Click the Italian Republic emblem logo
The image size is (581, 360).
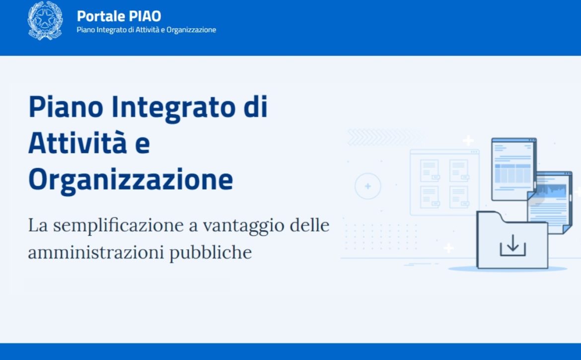(x=45, y=20)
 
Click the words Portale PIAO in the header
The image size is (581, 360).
(x=119, y=16)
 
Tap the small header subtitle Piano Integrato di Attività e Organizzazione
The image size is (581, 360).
(x=146, y=30)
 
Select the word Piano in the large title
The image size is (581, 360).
(x=66, y=107)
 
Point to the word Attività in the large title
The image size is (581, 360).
(x=77, y=143)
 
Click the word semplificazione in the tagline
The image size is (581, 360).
(x=118, y=225)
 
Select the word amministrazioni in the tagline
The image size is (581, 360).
(x=96, y=253)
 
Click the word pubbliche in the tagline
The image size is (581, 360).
(x=211, y=253)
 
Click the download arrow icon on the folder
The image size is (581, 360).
(x=513, y=245)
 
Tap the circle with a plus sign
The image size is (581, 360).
(x=368, y=186)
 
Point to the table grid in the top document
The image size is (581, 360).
(x=513, y=173)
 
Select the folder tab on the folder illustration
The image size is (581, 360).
(x=490, y=216)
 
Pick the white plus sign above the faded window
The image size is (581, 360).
(x=468, y=141)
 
